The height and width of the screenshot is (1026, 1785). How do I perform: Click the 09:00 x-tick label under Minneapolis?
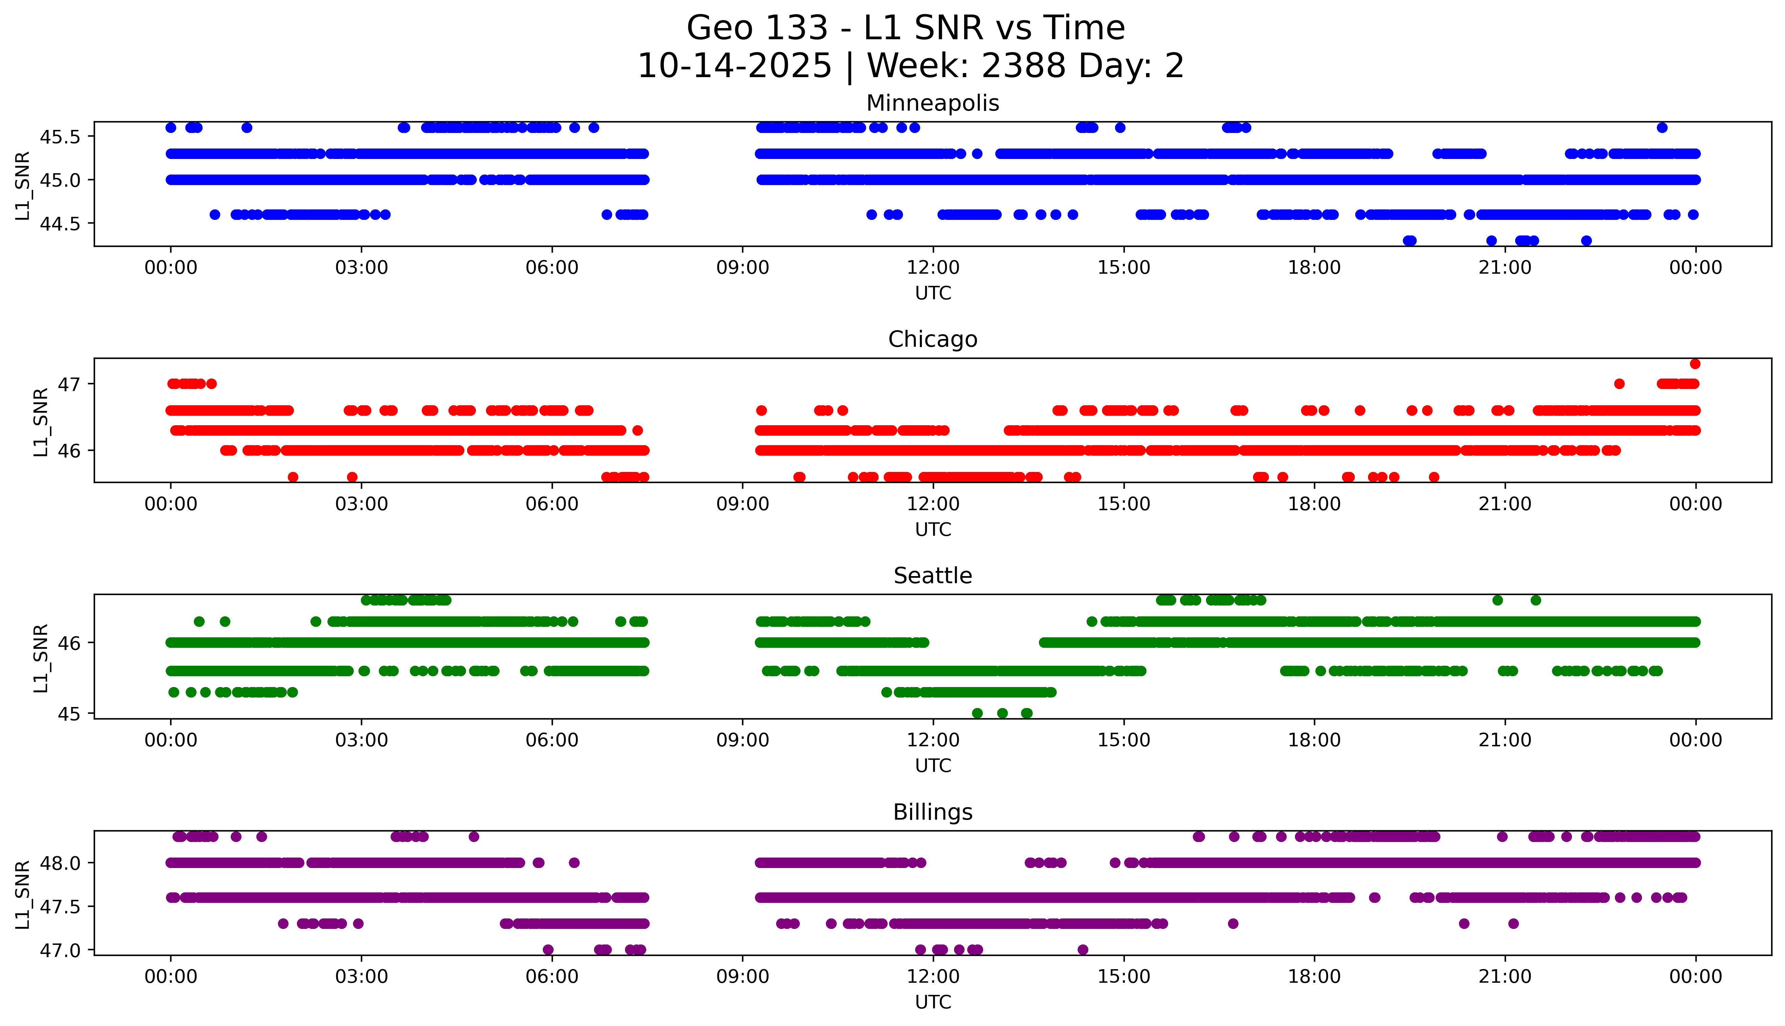742,268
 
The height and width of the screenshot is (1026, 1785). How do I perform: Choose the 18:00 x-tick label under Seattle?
1315,740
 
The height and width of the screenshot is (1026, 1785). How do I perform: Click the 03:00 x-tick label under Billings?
362,977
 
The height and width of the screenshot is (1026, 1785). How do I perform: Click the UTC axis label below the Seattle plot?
933,765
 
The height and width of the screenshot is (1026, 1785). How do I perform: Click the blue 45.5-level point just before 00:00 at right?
1662,128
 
